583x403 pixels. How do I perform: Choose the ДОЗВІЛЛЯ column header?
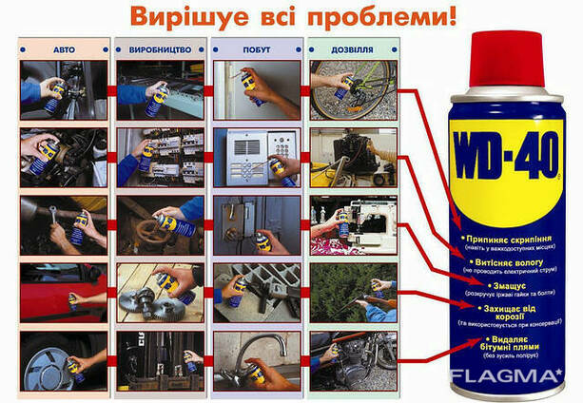pyautogui.click(x=347, y=47)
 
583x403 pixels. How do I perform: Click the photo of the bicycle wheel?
pyautogui.click(x=347, y=91)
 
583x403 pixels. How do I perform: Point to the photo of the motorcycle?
pyautogui.click(x=347, y=358)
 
